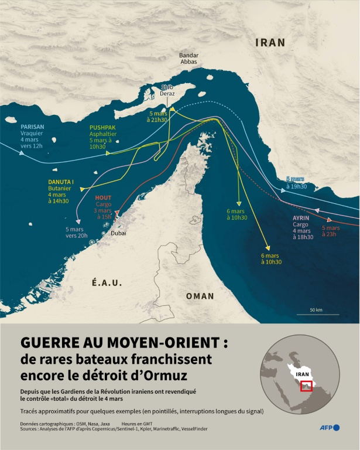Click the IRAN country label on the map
click(x=270, y=42)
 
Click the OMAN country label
click(x=200, y=296)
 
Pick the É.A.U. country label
click(x=107, y=282)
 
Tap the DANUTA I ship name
click(x=61, y=182)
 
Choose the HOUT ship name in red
click(x=102, y=198)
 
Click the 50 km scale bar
click(x=317, y=313)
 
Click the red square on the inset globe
click(x=306, y=386)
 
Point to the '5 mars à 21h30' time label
click(x=157, y=116)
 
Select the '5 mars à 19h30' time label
click(x=296, y=182)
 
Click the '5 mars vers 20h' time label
click(x=76, y=232)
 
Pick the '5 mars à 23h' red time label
click(x=331, y=231)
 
